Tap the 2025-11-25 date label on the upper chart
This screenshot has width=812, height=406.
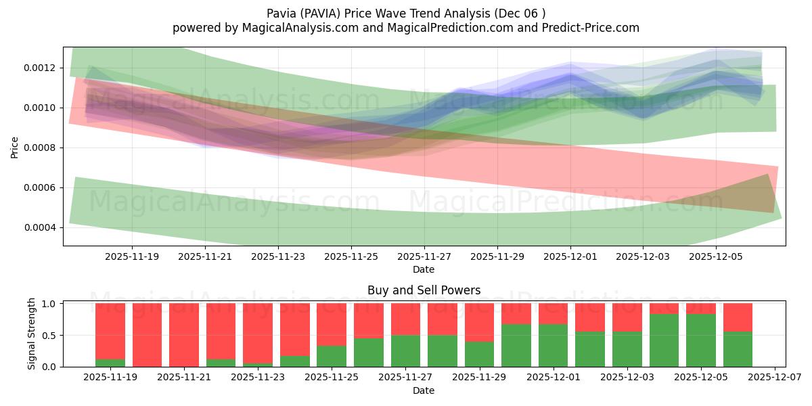coord(351,257)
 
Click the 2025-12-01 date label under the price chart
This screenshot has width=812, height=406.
coord(570,257)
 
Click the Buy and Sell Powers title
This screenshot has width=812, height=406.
coord(424,290)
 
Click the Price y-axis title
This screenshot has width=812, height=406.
coord(15,146)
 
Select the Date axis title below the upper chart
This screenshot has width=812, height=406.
coord(424,269)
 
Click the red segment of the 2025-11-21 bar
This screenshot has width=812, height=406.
coord(184,335)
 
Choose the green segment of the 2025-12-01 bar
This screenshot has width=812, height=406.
coord(553,345)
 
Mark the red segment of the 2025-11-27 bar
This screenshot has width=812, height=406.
coord(405,319)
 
